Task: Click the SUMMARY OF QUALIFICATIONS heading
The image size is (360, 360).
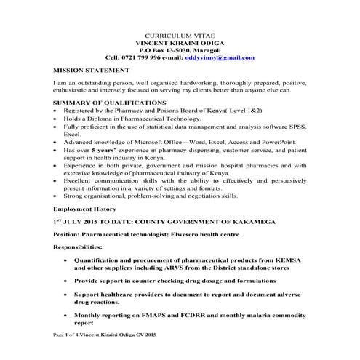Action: point(108,103)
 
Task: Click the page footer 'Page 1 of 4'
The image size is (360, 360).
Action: point(73,353)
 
